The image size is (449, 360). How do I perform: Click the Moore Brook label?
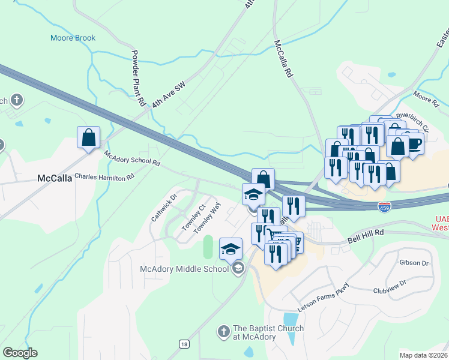click(72, 38)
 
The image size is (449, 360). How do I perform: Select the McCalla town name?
click(55, 178)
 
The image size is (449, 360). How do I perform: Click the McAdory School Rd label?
click(132, 158)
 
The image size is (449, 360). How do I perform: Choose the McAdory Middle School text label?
click(184, 268)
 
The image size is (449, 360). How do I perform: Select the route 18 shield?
click(184, 343)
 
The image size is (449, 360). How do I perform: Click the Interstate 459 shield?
click(385, 207)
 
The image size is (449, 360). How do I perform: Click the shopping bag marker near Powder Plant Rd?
click(89, 137)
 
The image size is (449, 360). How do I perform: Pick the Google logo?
click(20, 353)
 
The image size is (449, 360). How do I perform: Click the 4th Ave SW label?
click(169, 94)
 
